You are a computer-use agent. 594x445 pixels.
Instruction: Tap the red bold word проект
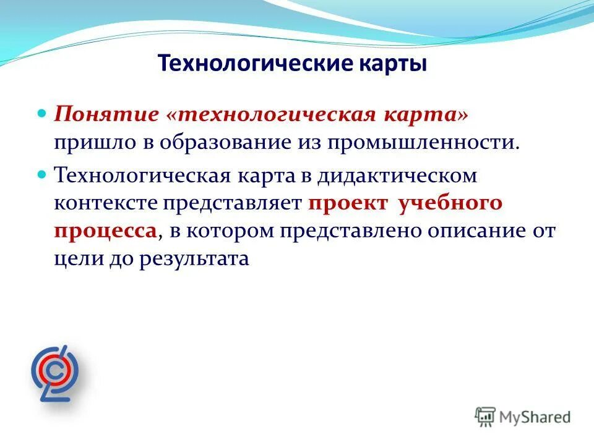coord(348,203)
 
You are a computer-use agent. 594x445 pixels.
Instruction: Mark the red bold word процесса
coord(105,231)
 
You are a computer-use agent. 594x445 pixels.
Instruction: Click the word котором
coord(231,231)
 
